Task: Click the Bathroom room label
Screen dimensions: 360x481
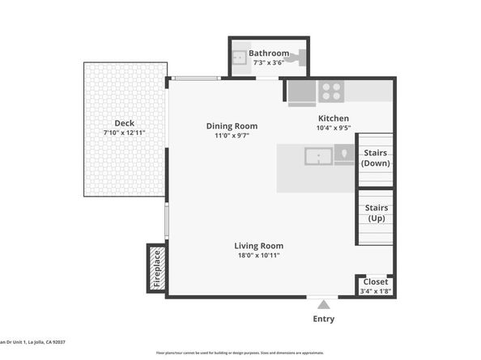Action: (x=269, y=53)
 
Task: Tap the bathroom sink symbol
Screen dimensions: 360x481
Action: (x=240, y=57)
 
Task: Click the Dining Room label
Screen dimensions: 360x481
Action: (x=232, y=125)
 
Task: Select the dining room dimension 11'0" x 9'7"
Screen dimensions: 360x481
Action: (x=232, y=136)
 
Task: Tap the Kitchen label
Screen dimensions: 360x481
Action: (x=333, y=118)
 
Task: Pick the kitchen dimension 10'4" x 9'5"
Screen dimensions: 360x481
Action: (x=333, y=128)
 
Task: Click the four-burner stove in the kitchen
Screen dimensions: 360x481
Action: (x=330, y=91)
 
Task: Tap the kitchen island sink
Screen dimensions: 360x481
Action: (x=318, y=155)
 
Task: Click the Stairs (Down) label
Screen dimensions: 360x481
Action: (x=375, y=157)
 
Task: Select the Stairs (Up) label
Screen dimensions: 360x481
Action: (x=377, y=213)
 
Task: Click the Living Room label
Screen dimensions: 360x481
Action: (x=258, y=246)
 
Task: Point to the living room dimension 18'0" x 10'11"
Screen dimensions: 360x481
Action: (x=258, y=256)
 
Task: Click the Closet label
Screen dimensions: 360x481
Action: (x=375, y=282)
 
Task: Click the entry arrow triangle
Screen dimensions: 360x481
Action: (x=323, y=305)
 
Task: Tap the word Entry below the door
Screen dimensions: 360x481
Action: (x=323, y=319)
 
